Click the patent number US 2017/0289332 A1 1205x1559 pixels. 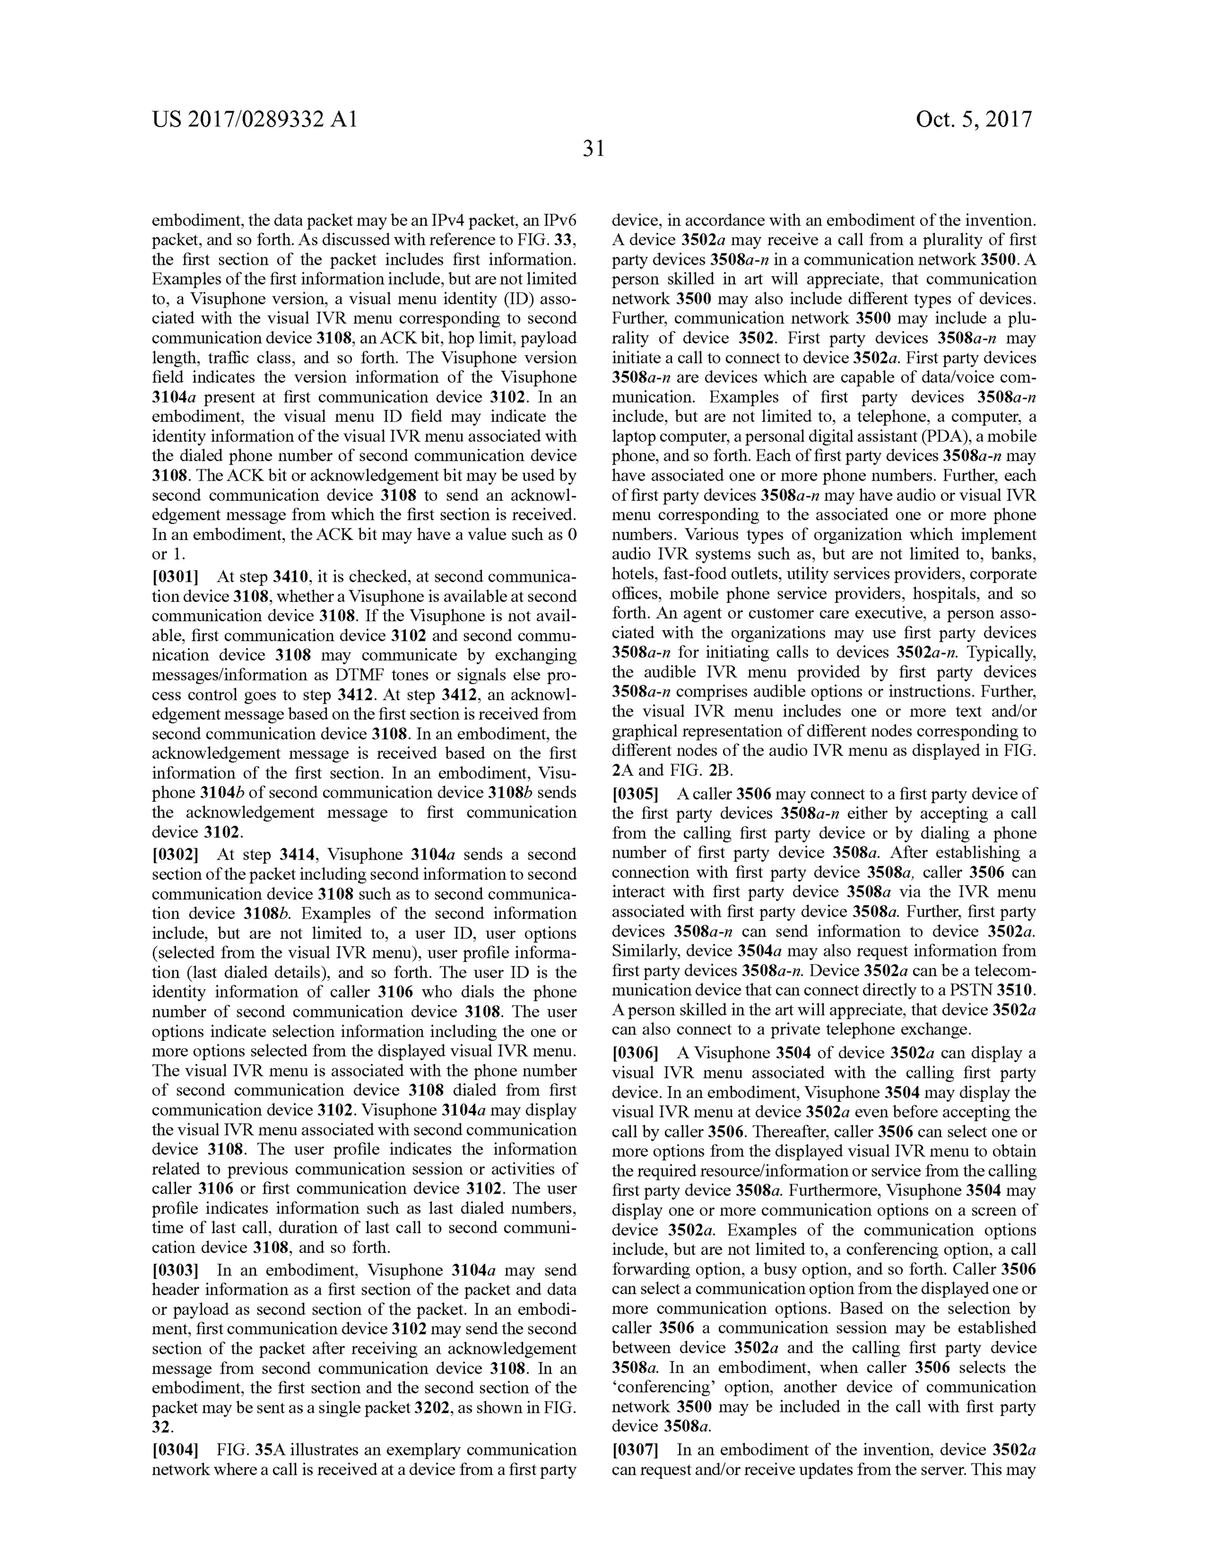254,119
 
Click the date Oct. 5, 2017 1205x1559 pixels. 974,119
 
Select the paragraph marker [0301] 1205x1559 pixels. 175,577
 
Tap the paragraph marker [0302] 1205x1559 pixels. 175,854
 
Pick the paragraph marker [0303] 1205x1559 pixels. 175,1270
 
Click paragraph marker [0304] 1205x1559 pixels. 175,1450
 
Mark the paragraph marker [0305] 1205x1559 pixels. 635,794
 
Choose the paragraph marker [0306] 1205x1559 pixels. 635,1053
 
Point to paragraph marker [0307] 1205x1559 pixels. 635,1450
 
